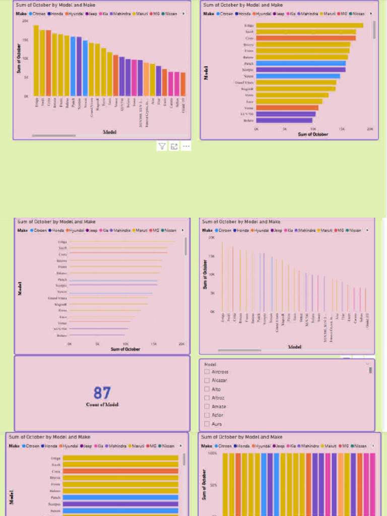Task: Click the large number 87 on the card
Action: [102, 393]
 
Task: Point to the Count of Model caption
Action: [102, 405]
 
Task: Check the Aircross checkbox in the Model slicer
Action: [207, 372]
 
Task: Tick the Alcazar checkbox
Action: [207, 380]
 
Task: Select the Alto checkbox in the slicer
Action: [207, 389]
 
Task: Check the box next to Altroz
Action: [207, 398]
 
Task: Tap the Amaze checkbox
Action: [207, 407]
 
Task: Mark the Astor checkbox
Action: [207, 415]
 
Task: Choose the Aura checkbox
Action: [207, 424]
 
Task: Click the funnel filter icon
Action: [162, 147]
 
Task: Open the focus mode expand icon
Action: [174, 147]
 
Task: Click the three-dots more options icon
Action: [186, 147]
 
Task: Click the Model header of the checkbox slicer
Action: [210, 364]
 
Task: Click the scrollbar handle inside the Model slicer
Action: [370, 370]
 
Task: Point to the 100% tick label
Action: [213, 454]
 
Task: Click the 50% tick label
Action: [214, 485]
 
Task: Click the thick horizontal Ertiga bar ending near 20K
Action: [309, 25]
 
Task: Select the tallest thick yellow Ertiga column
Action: [36, 60]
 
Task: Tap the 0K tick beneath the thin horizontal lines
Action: [69, 344]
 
